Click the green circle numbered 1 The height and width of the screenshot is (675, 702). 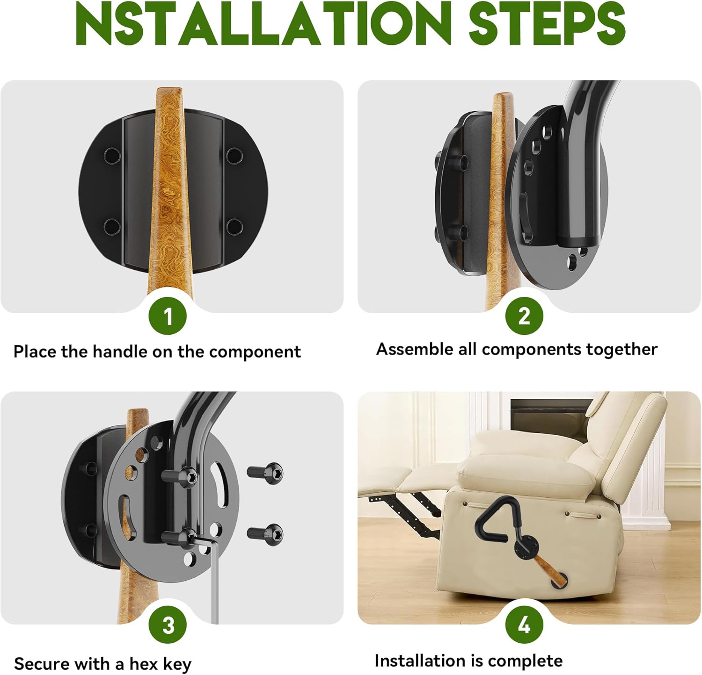coord(168,316)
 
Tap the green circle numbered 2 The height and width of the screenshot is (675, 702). coord(524,316)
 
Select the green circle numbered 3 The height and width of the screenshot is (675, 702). coord(168,625)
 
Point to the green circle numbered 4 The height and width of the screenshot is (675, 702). coord(524,625)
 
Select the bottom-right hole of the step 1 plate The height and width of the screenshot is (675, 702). coord(234,227)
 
